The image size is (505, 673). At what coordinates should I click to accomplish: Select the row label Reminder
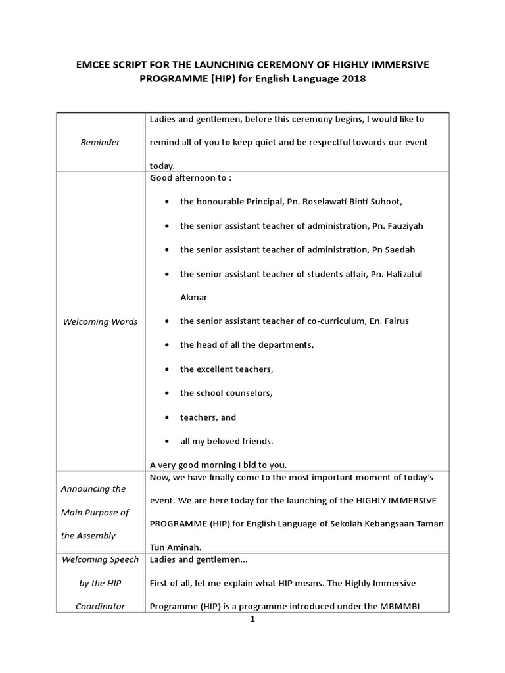coord(100,142)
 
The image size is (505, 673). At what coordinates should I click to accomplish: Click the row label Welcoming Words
coord(100,321)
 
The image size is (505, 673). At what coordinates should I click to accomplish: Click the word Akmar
coord(193,297)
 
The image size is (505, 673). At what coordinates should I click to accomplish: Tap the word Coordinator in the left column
coord(100,607)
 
